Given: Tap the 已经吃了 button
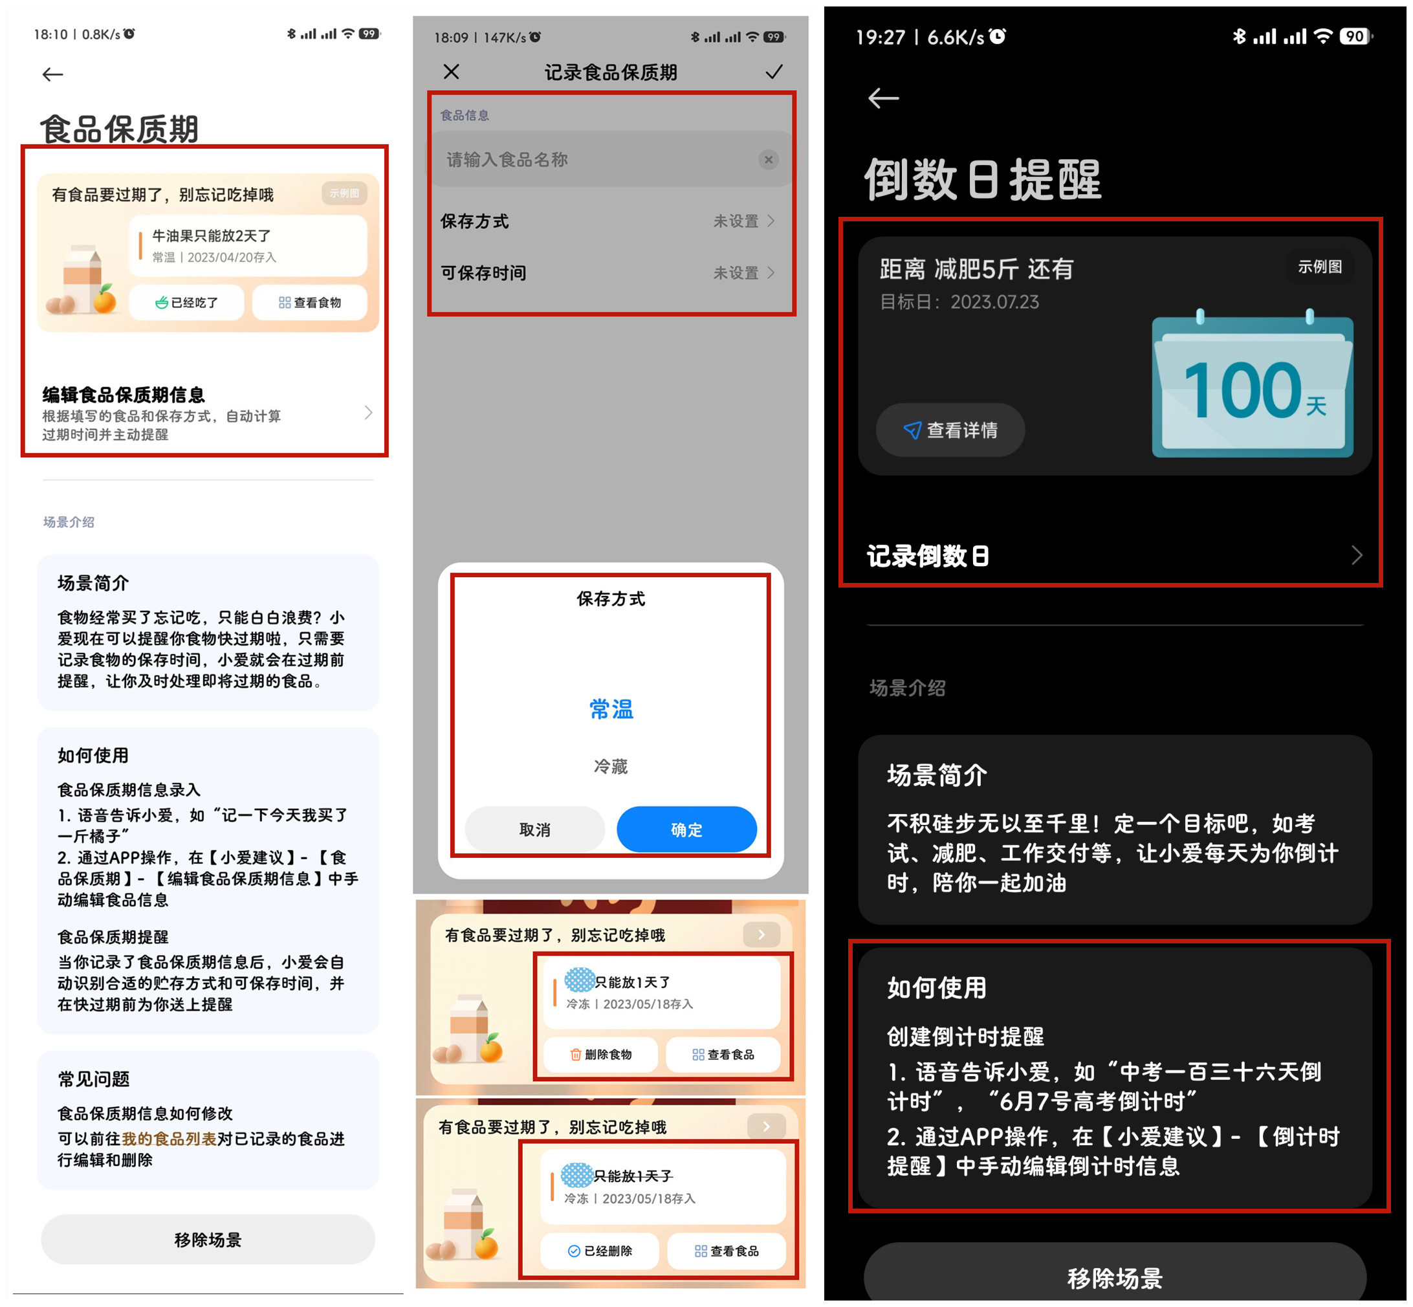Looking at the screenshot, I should coord(187,303).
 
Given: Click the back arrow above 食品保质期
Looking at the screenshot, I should coord(52,74).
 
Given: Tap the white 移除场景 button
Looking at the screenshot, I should coord(208,1239).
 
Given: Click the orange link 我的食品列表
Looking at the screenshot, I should coord(169,1139).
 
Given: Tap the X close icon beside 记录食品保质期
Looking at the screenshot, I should coord(451,71).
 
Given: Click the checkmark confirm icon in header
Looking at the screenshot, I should coord(774,71).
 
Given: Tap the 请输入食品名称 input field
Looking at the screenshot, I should coord(594,160).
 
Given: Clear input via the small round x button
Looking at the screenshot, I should coord(768,160).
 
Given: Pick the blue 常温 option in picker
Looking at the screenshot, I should coord(611,708).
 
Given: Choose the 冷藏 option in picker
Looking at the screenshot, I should coord(611,767).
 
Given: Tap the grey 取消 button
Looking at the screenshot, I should coord(534,829).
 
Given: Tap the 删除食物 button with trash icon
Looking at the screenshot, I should coord(600,1055).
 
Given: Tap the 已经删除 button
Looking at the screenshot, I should coord(600,1251).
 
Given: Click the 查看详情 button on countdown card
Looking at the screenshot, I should coord(950,430).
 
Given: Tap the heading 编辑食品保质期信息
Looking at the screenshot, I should coord(124,395).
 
